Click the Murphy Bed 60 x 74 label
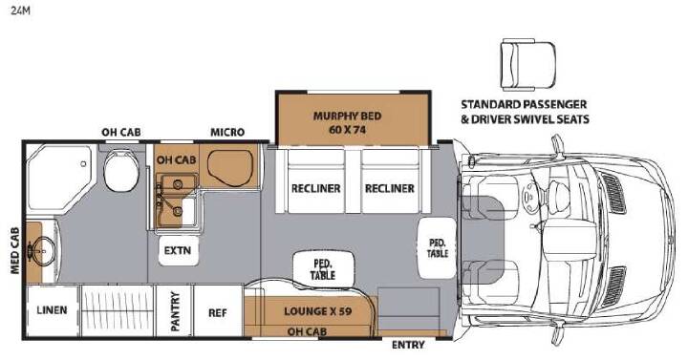tap(347, 123)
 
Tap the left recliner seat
tap(316, 181)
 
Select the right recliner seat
tap(390, 181)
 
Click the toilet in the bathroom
tap(121, 170)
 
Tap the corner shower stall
tap(59, 178)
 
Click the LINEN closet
tap(53, 310)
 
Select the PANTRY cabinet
tap(175, 311)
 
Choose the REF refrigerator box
tap(218, 311)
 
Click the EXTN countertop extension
tap(178, 250)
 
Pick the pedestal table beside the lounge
tap(323, 268)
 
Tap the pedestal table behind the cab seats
tap(437, 247)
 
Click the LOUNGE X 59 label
tap(317, 311)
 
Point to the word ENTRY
tap(408, 345)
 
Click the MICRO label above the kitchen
tap(227, 132)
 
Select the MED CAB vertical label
tap(15, 251)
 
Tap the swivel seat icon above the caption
tap(528, 64)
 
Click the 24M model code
tap(20, 11)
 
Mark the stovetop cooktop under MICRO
tap(231, 168)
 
